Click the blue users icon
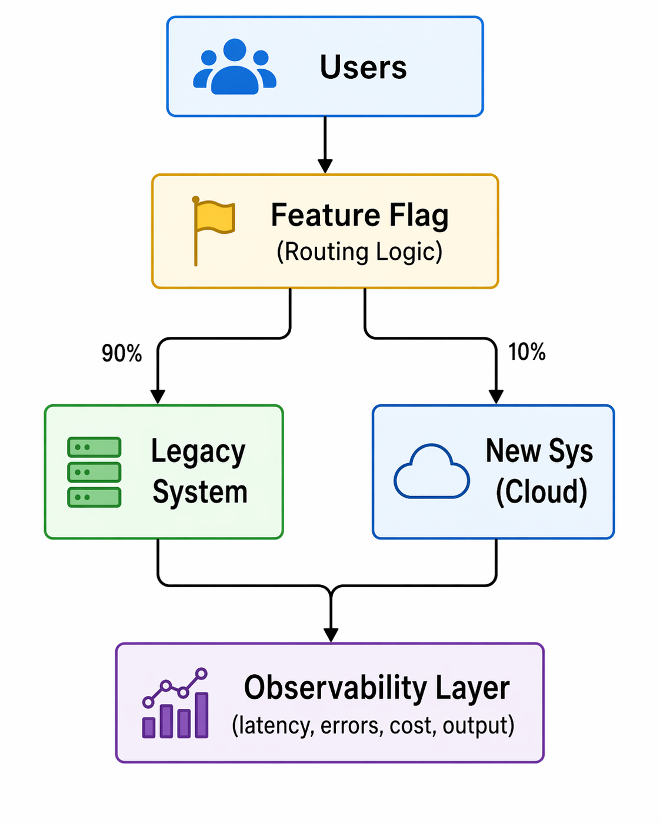234,67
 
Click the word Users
363,67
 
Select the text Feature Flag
359,215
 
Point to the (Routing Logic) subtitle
359,252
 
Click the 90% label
122,353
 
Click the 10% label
526,352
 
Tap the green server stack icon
94,472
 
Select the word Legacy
198,452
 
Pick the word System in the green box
200,492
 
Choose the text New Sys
539,451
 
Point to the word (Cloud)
541,491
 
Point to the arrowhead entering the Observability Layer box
331,635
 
